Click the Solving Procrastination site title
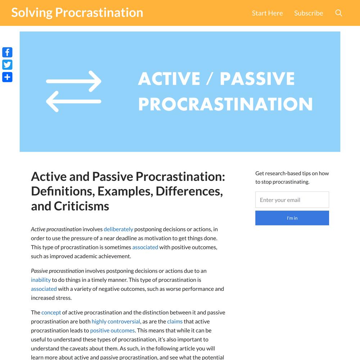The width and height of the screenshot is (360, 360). pos(77,13)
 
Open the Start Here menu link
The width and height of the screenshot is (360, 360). pos(267,13)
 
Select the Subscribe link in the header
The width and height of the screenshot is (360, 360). pos(309,13)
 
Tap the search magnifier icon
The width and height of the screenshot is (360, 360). pos(339,13)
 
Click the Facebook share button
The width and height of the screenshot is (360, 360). pos(7,52)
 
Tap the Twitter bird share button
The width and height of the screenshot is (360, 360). pos(7,65)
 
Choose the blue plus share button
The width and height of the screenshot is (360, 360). pos(7,77)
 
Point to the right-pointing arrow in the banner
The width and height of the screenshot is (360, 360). pos(74,81)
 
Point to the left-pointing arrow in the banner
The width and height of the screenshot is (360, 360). pos(74,102)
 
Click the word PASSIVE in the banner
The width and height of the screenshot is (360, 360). pos(257,78)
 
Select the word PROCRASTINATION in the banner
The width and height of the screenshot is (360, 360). pos(225,104)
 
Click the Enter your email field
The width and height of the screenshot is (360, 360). pos(292,200)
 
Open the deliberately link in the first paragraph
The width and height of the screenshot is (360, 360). pos(118,229)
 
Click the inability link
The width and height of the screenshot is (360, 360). pos(41,280)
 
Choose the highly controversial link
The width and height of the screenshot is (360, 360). pos(116,321)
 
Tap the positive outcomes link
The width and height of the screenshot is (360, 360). pos(112,330)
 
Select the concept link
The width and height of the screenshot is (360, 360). pos(51,312)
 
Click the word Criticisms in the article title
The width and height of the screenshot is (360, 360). pos(81,206)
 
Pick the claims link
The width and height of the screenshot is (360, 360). pos(175,321)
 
